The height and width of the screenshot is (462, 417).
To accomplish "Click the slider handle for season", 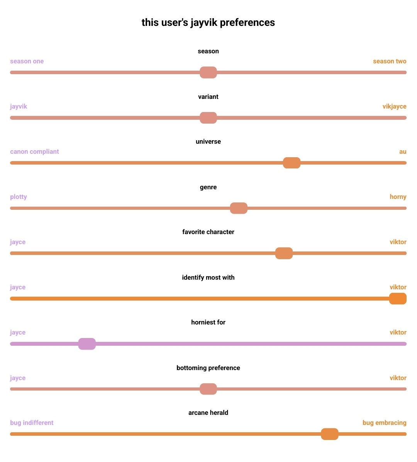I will (208, 72).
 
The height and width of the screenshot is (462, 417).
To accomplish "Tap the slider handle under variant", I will (208, 118).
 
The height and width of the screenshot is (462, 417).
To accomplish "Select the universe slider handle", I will (292, 163).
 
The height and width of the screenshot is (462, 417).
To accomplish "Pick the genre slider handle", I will (239, 208).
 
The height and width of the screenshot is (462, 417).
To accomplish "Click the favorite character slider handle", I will (284, 253).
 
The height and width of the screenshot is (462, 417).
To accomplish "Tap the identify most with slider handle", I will (398, 299).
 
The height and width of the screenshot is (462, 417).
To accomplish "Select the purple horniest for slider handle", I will (87, 344).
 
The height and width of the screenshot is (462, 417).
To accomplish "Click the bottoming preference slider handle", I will (208, 389).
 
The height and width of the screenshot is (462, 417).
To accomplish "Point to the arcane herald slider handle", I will (329, 434).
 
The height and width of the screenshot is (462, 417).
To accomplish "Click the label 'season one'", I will (27, 61).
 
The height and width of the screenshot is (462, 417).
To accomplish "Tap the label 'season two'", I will (390, 61).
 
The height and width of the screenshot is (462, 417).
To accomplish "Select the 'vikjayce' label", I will (394, 107).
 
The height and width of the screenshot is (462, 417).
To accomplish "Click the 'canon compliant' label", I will (34, 152).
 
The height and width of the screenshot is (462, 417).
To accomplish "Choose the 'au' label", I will (403, 152).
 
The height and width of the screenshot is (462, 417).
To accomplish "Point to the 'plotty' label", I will (19, 197).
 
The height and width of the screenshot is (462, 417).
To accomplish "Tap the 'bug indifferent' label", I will (32, 423).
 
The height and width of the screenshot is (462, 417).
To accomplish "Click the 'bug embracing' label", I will (384, 423).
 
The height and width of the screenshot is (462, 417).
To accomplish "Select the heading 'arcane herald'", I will (208, 413).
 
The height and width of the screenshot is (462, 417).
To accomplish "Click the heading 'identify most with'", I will (208, 278).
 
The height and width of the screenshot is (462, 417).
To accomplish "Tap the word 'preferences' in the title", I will (247, 23).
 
